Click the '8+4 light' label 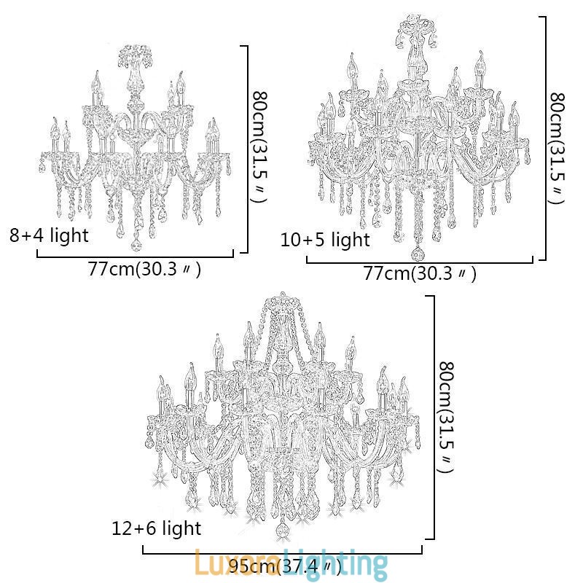point(49,235)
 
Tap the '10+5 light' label point(325,240)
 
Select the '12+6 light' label point(156,528)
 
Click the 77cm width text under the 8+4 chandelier point(144,269)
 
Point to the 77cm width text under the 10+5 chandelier point(420,274)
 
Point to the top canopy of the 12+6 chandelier point(283,301)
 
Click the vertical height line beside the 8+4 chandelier point(248,149)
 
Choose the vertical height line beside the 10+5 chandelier point(544,138)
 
